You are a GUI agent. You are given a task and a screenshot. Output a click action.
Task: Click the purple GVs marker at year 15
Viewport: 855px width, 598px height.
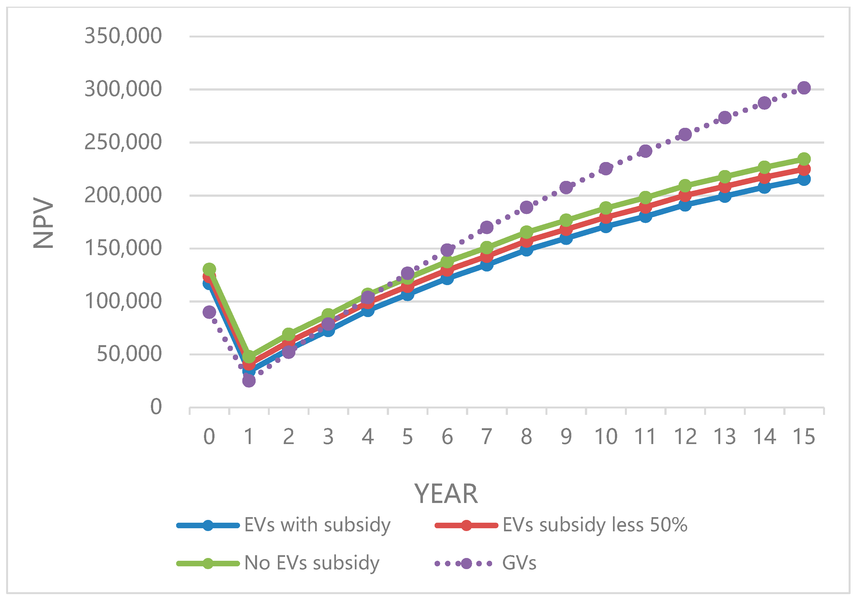804,88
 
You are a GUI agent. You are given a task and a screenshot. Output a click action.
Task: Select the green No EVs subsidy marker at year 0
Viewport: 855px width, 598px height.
209,269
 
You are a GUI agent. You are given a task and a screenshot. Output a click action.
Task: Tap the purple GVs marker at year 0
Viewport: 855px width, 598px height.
209,312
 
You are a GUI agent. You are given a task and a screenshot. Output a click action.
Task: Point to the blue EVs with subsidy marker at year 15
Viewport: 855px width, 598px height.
804,180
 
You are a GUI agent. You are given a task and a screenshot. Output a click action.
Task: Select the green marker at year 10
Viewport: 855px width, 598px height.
606,208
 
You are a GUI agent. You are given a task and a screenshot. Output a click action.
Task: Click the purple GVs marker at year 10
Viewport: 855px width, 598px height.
606,168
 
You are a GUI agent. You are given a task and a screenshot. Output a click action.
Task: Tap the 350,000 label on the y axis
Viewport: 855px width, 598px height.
123,36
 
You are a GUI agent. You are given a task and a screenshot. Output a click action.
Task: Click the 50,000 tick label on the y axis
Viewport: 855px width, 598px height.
129,354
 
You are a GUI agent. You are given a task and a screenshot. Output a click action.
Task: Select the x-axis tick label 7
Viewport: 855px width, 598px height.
487,437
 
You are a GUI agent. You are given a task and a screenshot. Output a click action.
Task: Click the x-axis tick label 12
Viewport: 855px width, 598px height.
685,437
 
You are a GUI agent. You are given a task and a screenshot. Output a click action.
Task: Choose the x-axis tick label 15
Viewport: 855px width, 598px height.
804,437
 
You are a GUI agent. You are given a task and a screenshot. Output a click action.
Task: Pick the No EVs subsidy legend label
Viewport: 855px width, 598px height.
312,563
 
